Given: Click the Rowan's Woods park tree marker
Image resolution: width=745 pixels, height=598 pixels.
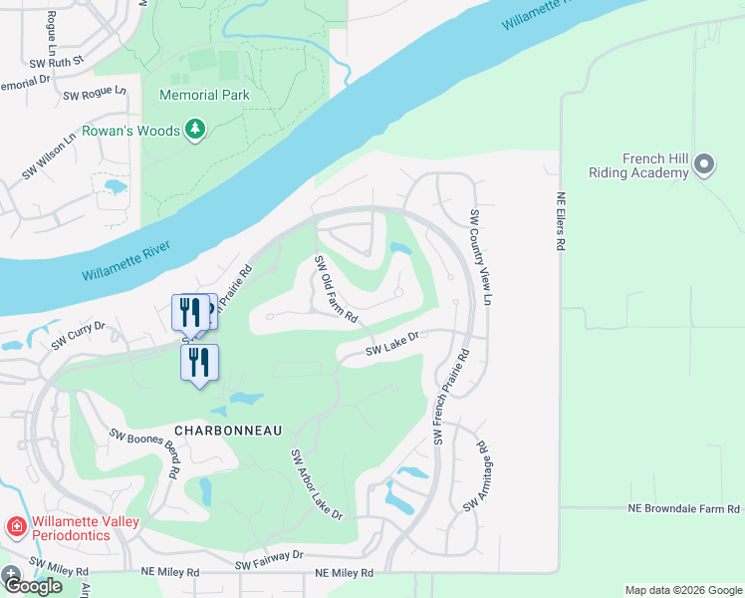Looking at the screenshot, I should [196, 131].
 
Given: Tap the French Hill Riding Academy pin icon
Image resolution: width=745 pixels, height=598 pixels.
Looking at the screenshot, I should [704, 164].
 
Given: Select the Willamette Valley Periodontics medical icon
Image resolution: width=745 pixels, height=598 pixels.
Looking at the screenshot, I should [16, 525].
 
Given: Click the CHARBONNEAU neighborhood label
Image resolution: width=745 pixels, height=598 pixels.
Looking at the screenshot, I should [228, 430].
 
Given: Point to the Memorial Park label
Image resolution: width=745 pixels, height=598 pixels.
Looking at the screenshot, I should [203, 96].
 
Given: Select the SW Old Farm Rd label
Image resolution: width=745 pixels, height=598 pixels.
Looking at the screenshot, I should [336, 289].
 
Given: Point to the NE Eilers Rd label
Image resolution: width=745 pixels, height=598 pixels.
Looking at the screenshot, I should [561, 221].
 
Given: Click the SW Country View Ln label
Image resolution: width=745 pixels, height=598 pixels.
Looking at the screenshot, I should [481, 257].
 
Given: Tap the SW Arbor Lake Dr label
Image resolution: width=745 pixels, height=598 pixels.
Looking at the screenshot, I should [316, 484].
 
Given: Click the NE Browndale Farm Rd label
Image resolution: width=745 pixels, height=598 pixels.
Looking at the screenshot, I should [683, 508].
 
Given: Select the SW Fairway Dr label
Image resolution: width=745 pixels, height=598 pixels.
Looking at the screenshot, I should [269, 560].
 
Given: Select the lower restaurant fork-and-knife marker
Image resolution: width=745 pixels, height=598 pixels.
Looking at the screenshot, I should [199, 362].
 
